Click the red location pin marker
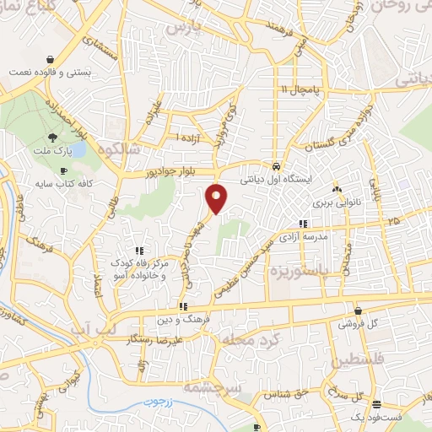tap(217, 198)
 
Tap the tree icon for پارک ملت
tap(52, 138)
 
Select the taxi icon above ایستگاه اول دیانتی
tap(277, 165)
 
